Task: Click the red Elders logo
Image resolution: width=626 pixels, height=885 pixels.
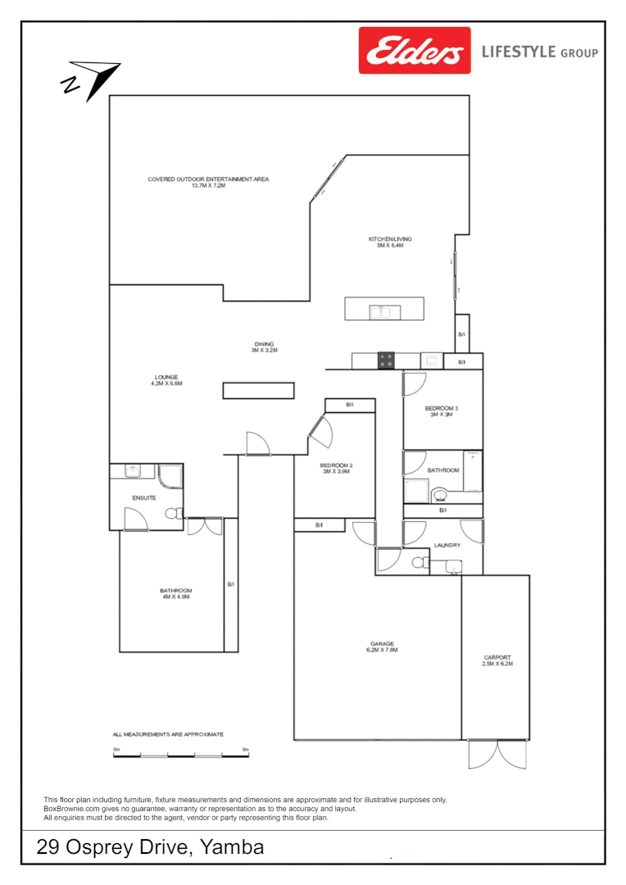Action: click(415, 51)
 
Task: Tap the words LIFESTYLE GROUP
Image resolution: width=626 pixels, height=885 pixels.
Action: click(539, 52)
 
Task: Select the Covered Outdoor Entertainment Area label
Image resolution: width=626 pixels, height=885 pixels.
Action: click(208, 183)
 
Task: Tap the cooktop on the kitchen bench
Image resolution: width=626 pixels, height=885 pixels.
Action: click(385, 360)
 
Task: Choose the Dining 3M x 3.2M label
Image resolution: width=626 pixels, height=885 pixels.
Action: click(264, 347)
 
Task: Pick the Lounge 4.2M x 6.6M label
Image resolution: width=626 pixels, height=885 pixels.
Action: click(166, 380)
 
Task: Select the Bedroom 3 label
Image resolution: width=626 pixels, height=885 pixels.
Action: click(441, 411)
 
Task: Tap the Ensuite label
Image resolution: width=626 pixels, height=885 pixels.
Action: click(144, 498)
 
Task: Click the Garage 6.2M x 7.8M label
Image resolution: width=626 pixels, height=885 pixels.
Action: click(382, 647)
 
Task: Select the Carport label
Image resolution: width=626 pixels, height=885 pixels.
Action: click(497, 660)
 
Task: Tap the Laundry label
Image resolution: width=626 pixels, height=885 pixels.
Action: click(447, 545)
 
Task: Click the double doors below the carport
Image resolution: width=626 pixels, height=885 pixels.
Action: click(497, 754)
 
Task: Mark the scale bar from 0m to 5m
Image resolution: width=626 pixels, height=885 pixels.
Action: click(180, 754)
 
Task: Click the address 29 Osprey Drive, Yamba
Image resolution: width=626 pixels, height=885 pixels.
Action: click(151, 847)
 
